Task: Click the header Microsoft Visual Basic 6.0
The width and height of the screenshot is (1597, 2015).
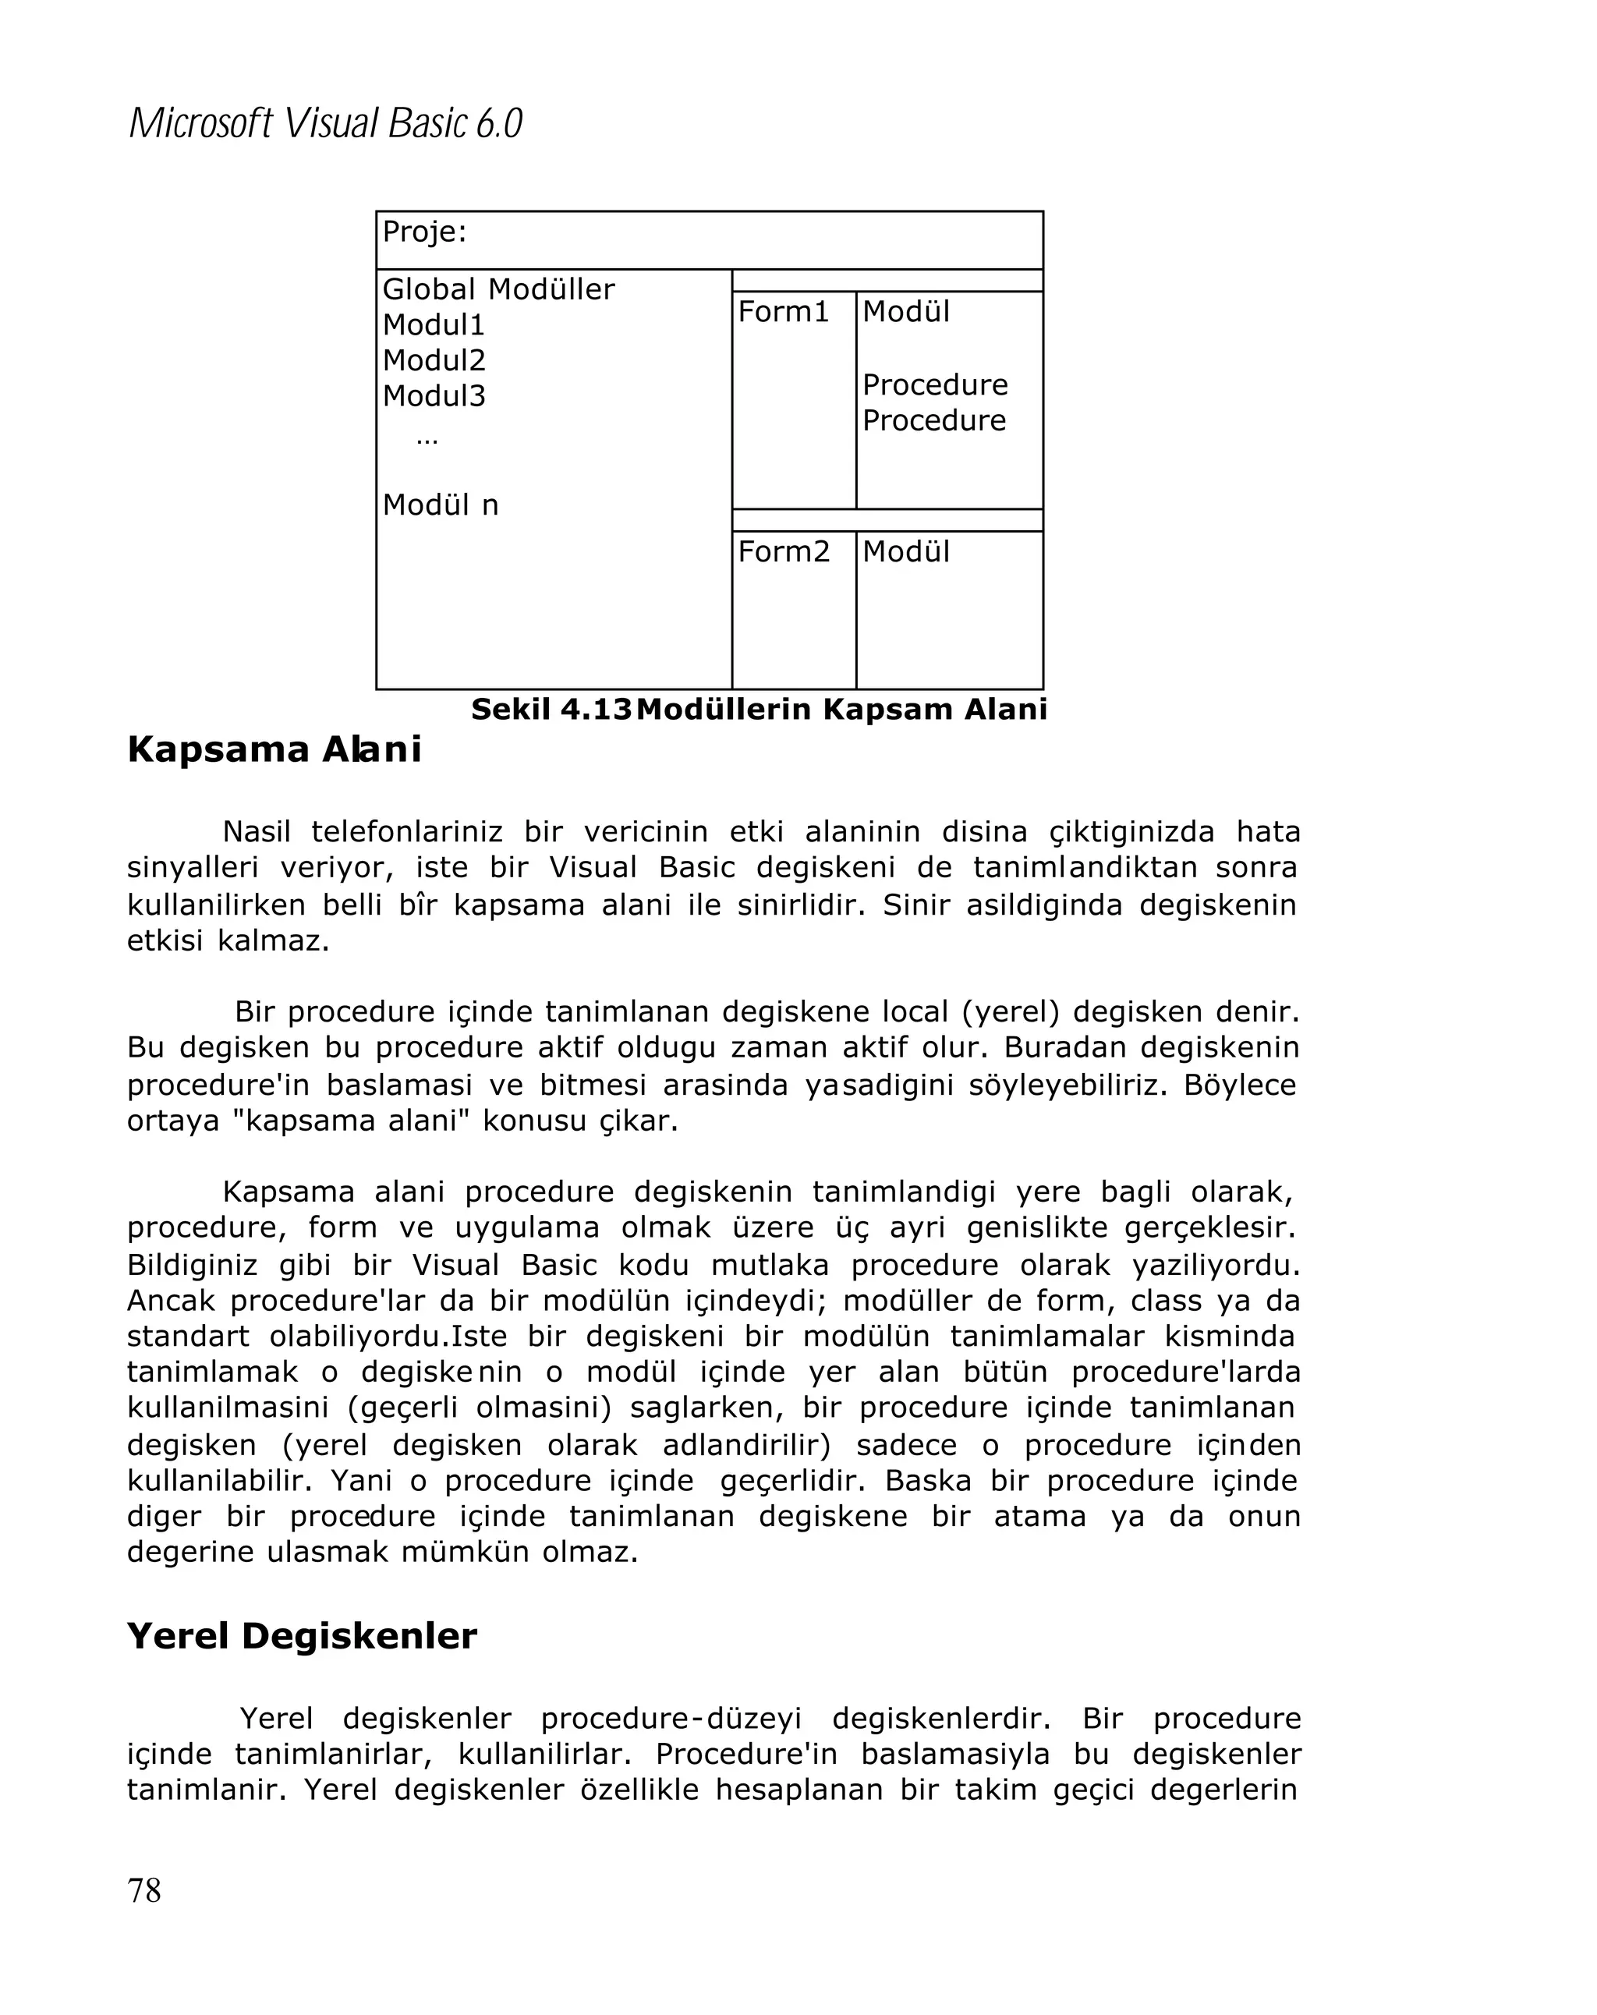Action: pos(324,123)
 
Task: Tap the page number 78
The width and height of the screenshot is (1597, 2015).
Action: pos(144,1889)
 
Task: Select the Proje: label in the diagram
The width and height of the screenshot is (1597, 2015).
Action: pos(424,232)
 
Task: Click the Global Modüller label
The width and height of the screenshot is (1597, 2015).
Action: pos(498,290)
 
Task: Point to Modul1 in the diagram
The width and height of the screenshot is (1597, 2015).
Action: pos(434,325)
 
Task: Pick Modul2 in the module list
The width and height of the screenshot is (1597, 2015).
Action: pos(434,361)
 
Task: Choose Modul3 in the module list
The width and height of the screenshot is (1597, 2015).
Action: pos(434,396)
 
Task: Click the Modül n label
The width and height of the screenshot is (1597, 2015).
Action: pos(440,505)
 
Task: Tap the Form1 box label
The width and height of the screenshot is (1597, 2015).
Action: pos(783,312)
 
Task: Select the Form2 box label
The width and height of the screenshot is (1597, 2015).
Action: pos(783,552)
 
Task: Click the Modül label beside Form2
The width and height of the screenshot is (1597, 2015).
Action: pos(905,552)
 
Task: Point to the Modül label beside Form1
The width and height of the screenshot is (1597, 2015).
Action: pos(905,312)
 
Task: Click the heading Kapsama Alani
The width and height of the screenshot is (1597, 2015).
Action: pos(274,749)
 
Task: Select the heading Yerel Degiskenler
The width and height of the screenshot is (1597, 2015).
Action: pos(302,1635)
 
